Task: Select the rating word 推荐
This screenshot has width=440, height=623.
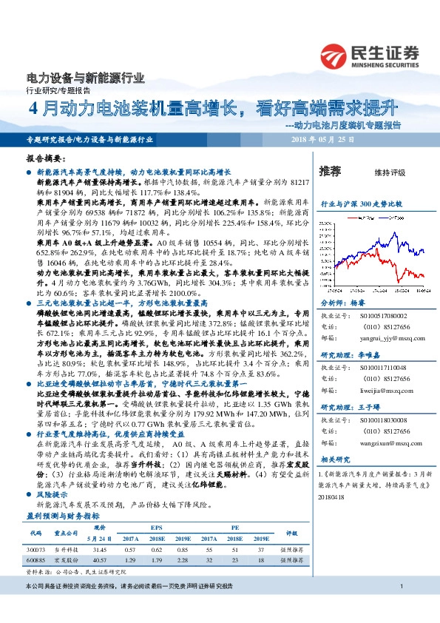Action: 331,171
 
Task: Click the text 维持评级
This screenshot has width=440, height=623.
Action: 390,172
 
